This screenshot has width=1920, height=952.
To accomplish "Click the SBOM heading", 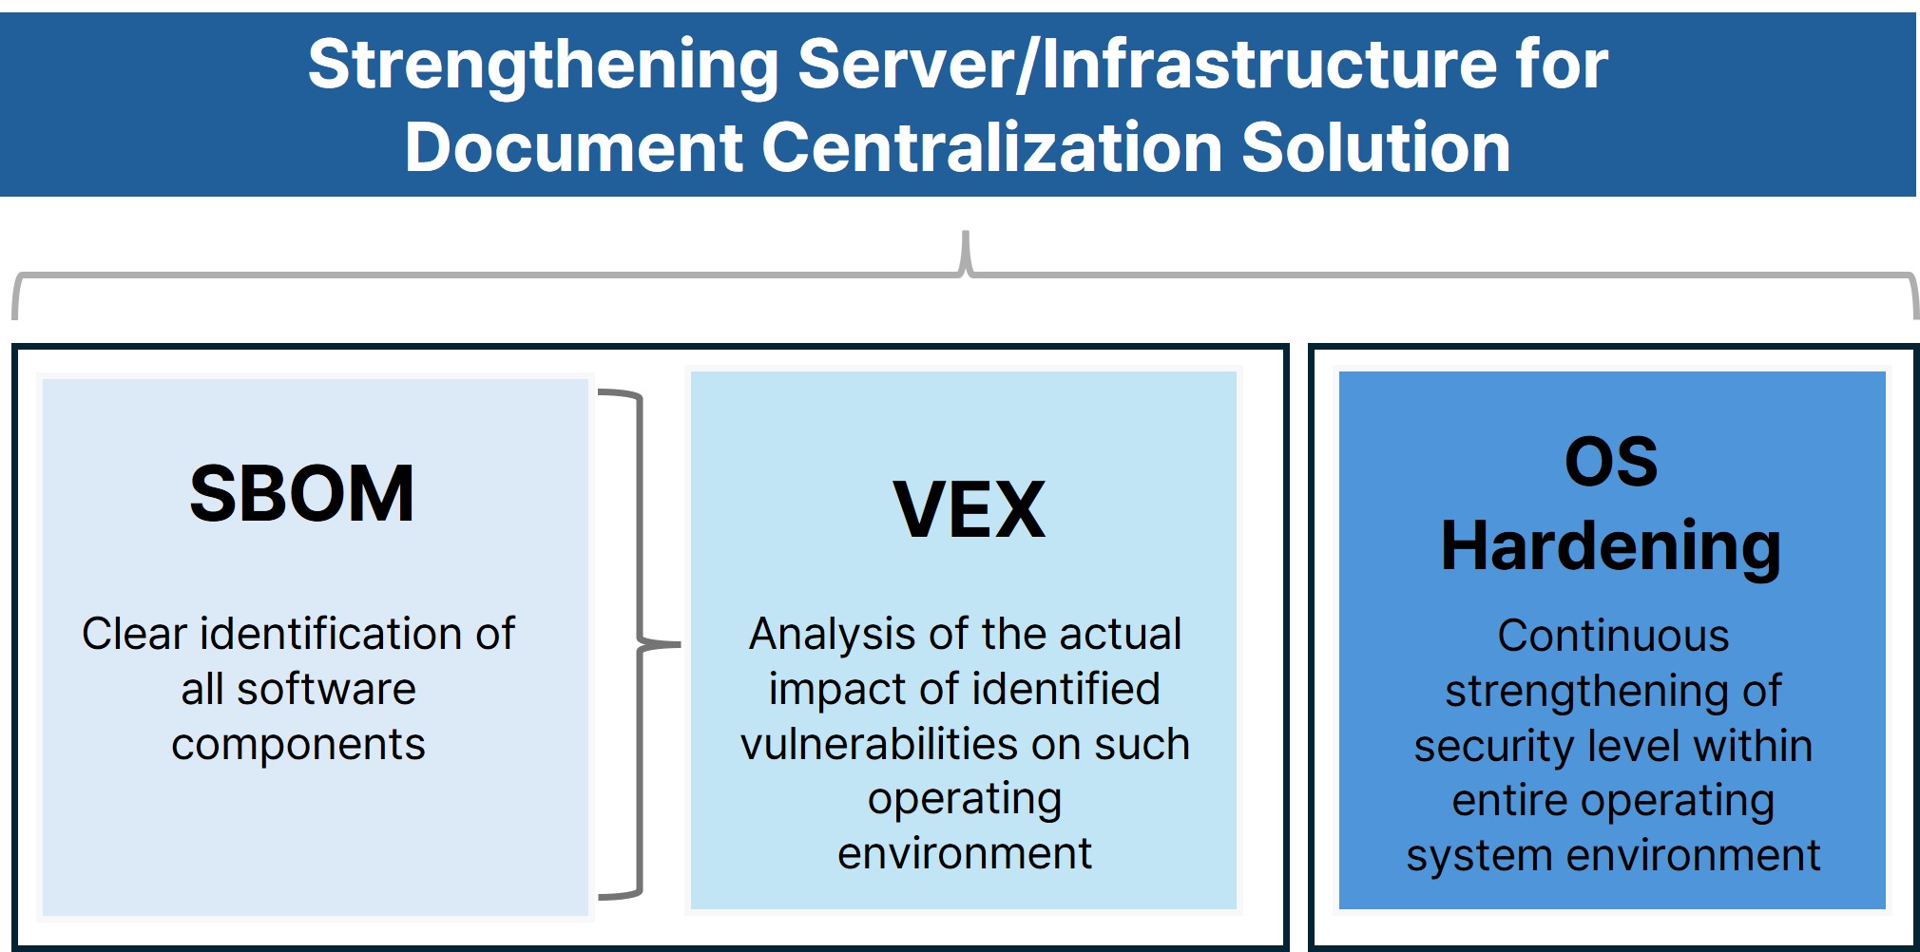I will [x=301, y=494].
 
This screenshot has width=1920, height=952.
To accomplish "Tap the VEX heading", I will [x=969, y=510].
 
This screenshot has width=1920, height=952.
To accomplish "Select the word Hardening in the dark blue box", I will [x=1611, y=546].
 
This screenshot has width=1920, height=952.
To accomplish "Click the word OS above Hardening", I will [x=1611, y=463].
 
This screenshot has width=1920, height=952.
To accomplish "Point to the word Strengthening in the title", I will [x=543, y=65].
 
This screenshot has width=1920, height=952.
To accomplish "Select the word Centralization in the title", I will [x=992, y=148].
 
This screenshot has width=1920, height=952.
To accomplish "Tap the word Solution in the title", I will [x=1375, y=148].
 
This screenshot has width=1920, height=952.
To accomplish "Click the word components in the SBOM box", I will [x=298, y=744].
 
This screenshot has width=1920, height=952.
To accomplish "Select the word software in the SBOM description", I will [x=326, y=689].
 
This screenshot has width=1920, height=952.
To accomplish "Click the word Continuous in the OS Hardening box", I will [x=1613, y=636].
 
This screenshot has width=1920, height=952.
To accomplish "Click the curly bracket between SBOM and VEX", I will [x=640, y=644].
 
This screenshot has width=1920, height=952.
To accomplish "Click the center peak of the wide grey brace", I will [x=966, y=249].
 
